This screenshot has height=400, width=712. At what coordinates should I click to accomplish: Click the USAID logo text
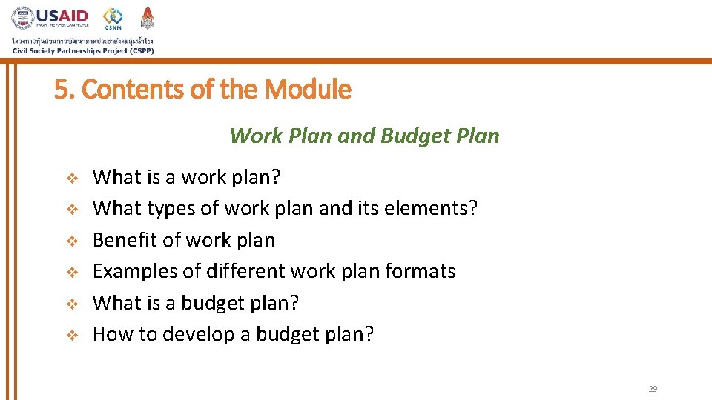pos(64,16)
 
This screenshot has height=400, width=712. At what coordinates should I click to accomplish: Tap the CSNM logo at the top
pos(113,18)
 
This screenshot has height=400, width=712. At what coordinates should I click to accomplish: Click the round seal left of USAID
pos(22,18)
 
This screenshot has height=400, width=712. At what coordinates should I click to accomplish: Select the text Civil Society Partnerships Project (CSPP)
pos(82,50)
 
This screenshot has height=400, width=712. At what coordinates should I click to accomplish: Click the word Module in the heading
pos(307,90)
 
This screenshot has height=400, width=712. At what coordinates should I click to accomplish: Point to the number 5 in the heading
pos(60,90)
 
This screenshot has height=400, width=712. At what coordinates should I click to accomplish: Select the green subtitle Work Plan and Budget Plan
pos(364,136)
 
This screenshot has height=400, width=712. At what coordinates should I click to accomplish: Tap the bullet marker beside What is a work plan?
pos(72,178)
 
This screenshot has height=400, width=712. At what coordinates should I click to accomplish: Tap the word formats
pos(421,271)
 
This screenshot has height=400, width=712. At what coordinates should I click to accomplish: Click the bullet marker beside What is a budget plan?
pos(72,304)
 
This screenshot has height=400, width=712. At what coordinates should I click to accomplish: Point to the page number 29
pos(653,389)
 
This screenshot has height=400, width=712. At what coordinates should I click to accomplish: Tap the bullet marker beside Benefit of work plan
pos(72,241)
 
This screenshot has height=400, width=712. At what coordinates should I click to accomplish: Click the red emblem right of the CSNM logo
pos(148,18)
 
